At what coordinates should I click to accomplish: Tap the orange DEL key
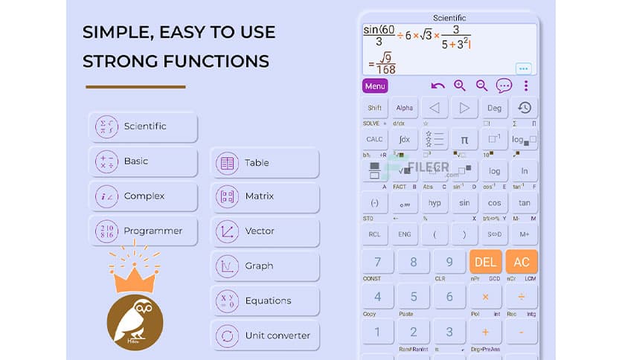[x=485, y=262]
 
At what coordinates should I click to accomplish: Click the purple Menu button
[x=375, y=86]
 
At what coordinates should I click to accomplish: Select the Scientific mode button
[x=143, y=126]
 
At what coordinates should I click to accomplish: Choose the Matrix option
[x=265, y=197]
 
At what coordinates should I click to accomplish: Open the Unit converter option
[x=265, y=335]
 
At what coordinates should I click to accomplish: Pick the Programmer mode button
[x=143, y=231]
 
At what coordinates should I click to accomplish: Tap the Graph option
[x=265, y=266]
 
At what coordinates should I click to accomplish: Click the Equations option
[x=265, y=301]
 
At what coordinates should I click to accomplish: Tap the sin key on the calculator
[x=464, y=203]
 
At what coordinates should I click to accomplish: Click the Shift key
[x=375, y=108]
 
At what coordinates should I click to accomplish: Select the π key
[x=464, y=139]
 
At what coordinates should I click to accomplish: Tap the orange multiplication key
[x=485, y=297]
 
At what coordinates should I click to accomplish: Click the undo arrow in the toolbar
[x=437, y=86]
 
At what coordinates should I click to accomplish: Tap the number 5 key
[x=414, y=297]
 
